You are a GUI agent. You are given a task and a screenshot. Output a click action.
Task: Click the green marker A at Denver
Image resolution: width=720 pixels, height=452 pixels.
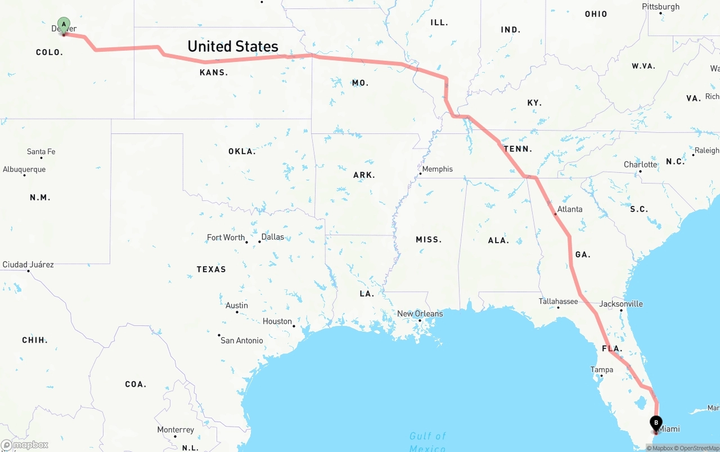(x=64, y=25)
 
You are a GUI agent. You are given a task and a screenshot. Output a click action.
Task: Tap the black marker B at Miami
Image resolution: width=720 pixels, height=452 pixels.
(x=656, y=423)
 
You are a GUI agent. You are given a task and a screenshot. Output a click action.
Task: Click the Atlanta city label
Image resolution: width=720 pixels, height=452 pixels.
(x=570, y=209)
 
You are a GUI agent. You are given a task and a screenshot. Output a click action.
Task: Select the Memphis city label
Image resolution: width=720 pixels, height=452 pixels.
(x=437, y=169)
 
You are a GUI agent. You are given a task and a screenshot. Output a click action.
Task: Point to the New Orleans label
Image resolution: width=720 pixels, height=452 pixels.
(x=420, y=314)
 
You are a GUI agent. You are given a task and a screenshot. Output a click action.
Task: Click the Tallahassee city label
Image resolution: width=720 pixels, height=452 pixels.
(x=558, y=301)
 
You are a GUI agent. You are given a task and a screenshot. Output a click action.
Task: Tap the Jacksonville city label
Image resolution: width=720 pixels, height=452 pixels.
(x=621, y=303)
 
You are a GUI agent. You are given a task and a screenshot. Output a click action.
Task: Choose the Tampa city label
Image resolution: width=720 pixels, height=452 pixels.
(x=601, y=370)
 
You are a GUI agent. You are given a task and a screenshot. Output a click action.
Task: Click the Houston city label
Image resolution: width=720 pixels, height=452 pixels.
(x=277, y=321)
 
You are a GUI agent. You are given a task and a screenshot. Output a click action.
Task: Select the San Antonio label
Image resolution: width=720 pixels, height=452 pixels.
(x=241, y=340)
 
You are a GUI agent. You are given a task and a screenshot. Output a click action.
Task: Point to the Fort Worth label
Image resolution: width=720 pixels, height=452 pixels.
(x=226, y=238)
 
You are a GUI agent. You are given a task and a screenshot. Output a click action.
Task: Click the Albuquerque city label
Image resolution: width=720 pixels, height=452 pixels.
(x=24, y=169)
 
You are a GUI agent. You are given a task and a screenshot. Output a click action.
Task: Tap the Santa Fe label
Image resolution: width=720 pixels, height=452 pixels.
(x=41, y=151)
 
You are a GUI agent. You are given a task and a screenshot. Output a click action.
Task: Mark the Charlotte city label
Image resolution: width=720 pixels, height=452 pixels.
(x=640, y=164)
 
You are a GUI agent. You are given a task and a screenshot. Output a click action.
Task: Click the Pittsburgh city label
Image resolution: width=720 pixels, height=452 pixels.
(x=660, y=7)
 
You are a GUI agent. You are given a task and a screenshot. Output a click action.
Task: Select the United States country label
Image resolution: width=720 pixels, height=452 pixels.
(x=233, y=46)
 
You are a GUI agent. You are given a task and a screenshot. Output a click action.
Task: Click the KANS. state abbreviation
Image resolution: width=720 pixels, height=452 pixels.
(x=214, y=73)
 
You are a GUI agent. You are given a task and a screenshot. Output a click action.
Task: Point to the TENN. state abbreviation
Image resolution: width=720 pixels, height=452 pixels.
(x=517, y=149)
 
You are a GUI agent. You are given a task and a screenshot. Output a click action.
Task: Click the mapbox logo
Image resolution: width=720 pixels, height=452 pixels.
(x=25, y=445)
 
